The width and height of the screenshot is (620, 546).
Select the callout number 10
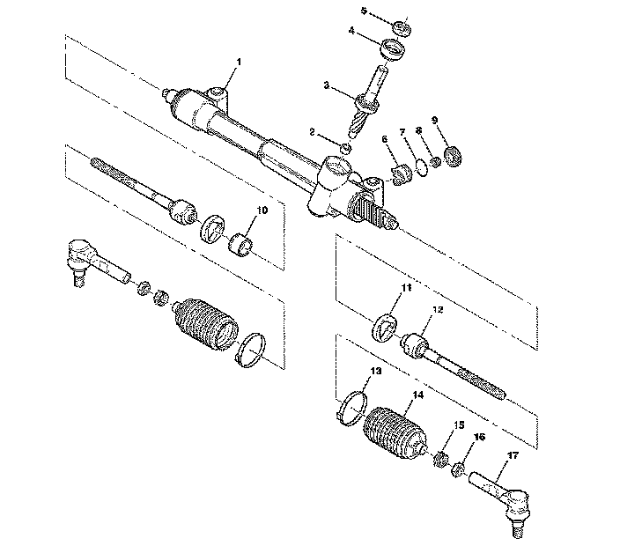[262, 210]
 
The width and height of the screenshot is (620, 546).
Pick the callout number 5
[364, 10]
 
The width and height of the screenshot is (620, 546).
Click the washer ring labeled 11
[385, 324]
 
